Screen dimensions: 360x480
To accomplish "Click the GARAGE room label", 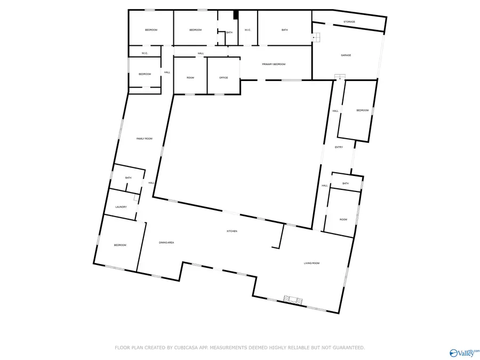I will coord(346,55).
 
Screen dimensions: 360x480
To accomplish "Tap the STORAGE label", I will coord(349,22).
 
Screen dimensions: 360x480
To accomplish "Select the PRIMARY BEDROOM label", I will coord(274,65).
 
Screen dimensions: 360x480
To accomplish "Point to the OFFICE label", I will coord(223,78).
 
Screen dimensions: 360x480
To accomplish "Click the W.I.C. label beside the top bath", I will coord(247,30).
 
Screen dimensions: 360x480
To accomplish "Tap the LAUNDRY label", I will coord(121,207).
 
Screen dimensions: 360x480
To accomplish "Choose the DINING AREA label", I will coord(166,243).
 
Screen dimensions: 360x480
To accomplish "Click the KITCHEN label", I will coord(232,231).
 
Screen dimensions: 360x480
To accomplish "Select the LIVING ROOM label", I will coord(311,263).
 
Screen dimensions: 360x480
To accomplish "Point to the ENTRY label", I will coord(339,147).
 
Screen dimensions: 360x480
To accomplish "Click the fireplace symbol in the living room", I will coord(294,300).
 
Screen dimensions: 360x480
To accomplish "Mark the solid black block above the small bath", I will coord(235,15).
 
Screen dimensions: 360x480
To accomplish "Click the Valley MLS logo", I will coord(463,353).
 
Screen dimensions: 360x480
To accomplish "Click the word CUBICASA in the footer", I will coord(181,348).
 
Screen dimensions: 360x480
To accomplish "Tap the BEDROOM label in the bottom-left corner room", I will coord(120,245).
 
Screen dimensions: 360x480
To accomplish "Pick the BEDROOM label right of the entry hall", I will coord(363,110).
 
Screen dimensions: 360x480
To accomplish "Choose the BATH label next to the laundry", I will coord(128,178).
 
